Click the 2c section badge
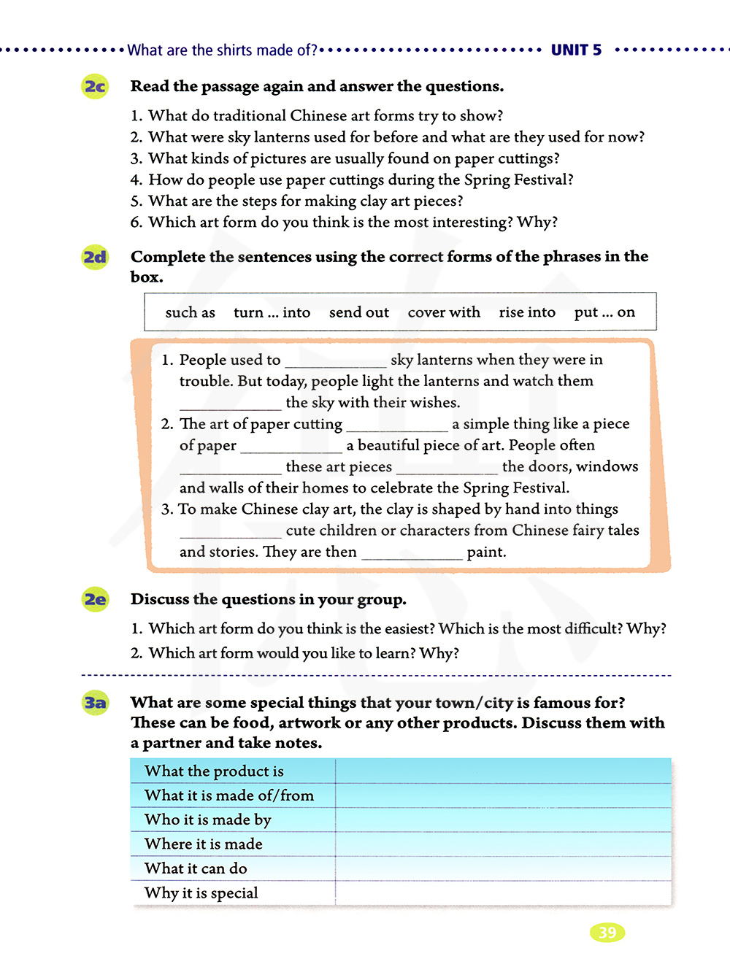tap(95, 87)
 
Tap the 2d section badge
tap(95, 257)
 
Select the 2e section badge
tap(95, 600)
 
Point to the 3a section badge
tap(95, 703)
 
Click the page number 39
tap(607, 932)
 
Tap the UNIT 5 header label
tap(576, 50)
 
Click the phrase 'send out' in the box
tap(358, 312)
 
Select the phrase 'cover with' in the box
tap(444, 312)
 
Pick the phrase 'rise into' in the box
tap(527, 312)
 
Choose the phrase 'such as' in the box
tap(190, 312)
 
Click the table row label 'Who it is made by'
tap(207, 820)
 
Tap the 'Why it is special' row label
tap(201, 893)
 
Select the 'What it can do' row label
tap(196, 868)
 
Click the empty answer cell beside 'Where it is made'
tap(502, 844)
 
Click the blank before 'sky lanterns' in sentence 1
tap(335, 361)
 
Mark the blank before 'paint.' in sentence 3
tap(412, 554)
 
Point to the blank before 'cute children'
tap(230, 532)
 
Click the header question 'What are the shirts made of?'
tap(223, 50)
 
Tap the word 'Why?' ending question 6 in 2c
tap(537, 222)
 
